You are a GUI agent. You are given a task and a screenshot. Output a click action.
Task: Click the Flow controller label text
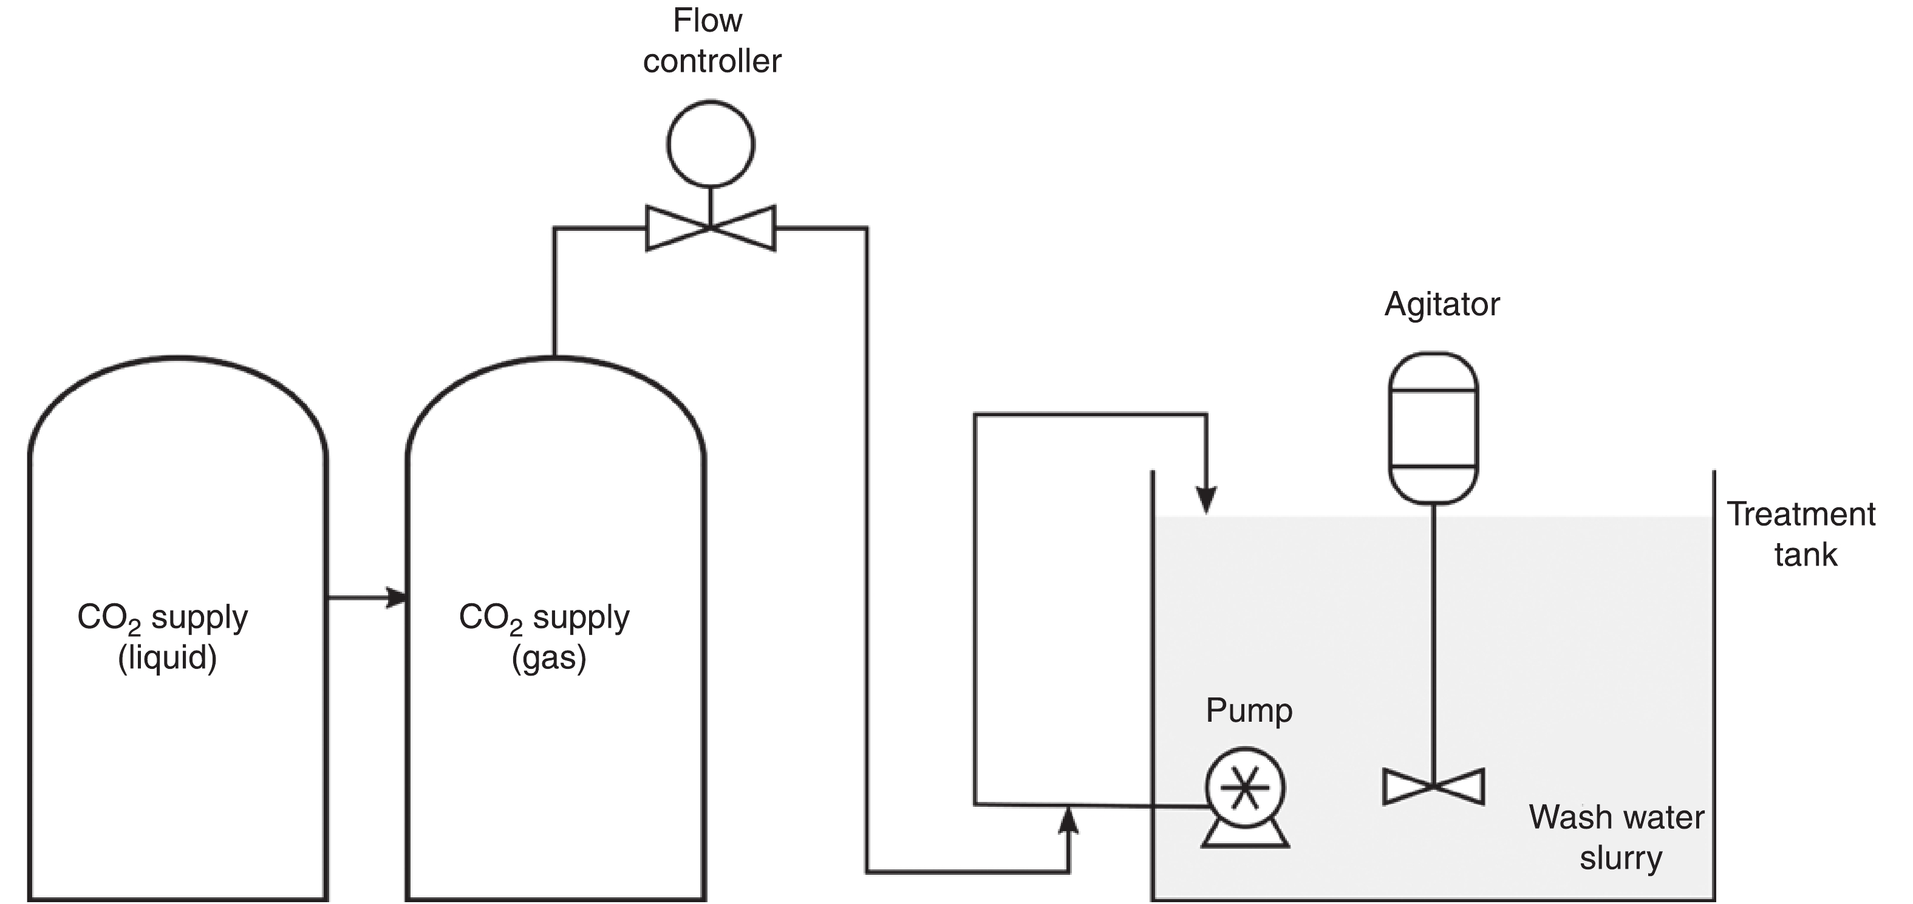click(x=711, y=41)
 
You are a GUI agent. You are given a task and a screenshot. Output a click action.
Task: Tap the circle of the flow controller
click(x=711, y=144)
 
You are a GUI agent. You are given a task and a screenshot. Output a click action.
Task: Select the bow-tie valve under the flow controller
click(x=711, y=228)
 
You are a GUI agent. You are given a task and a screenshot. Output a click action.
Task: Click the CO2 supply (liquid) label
click(x=163, y=637)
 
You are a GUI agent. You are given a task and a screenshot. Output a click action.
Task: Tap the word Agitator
click(x=1442, y=304)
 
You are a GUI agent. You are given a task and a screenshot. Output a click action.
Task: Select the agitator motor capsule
click(x=1433, y=428)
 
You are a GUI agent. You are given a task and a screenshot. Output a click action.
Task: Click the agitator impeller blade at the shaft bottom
click(x=1433, y=787)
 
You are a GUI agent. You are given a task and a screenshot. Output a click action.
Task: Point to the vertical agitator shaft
click(x=1433, y=639)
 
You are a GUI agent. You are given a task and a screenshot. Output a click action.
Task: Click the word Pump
click(x=1249, y=710)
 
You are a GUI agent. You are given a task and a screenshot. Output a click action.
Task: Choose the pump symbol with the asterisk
click(x=1246, y=787)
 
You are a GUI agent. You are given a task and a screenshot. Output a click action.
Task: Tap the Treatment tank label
click(x=1802, y=534)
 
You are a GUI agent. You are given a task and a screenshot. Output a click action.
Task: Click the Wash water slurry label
click(x=1617, y=837)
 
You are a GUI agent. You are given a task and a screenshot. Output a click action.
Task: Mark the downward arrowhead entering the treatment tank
click(x=1206, y=499)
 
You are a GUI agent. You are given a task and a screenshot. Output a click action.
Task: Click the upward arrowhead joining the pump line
click(x=1068, y=820)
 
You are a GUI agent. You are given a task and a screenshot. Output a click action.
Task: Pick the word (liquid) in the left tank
click(x=167, y=658)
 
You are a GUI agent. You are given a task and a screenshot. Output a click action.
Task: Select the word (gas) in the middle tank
click(x=549, y=658)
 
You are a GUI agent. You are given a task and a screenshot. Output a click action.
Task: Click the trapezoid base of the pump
click(x=1246, y=837)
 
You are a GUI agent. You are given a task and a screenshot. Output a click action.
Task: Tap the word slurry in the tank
click(x=1620, y=858)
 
